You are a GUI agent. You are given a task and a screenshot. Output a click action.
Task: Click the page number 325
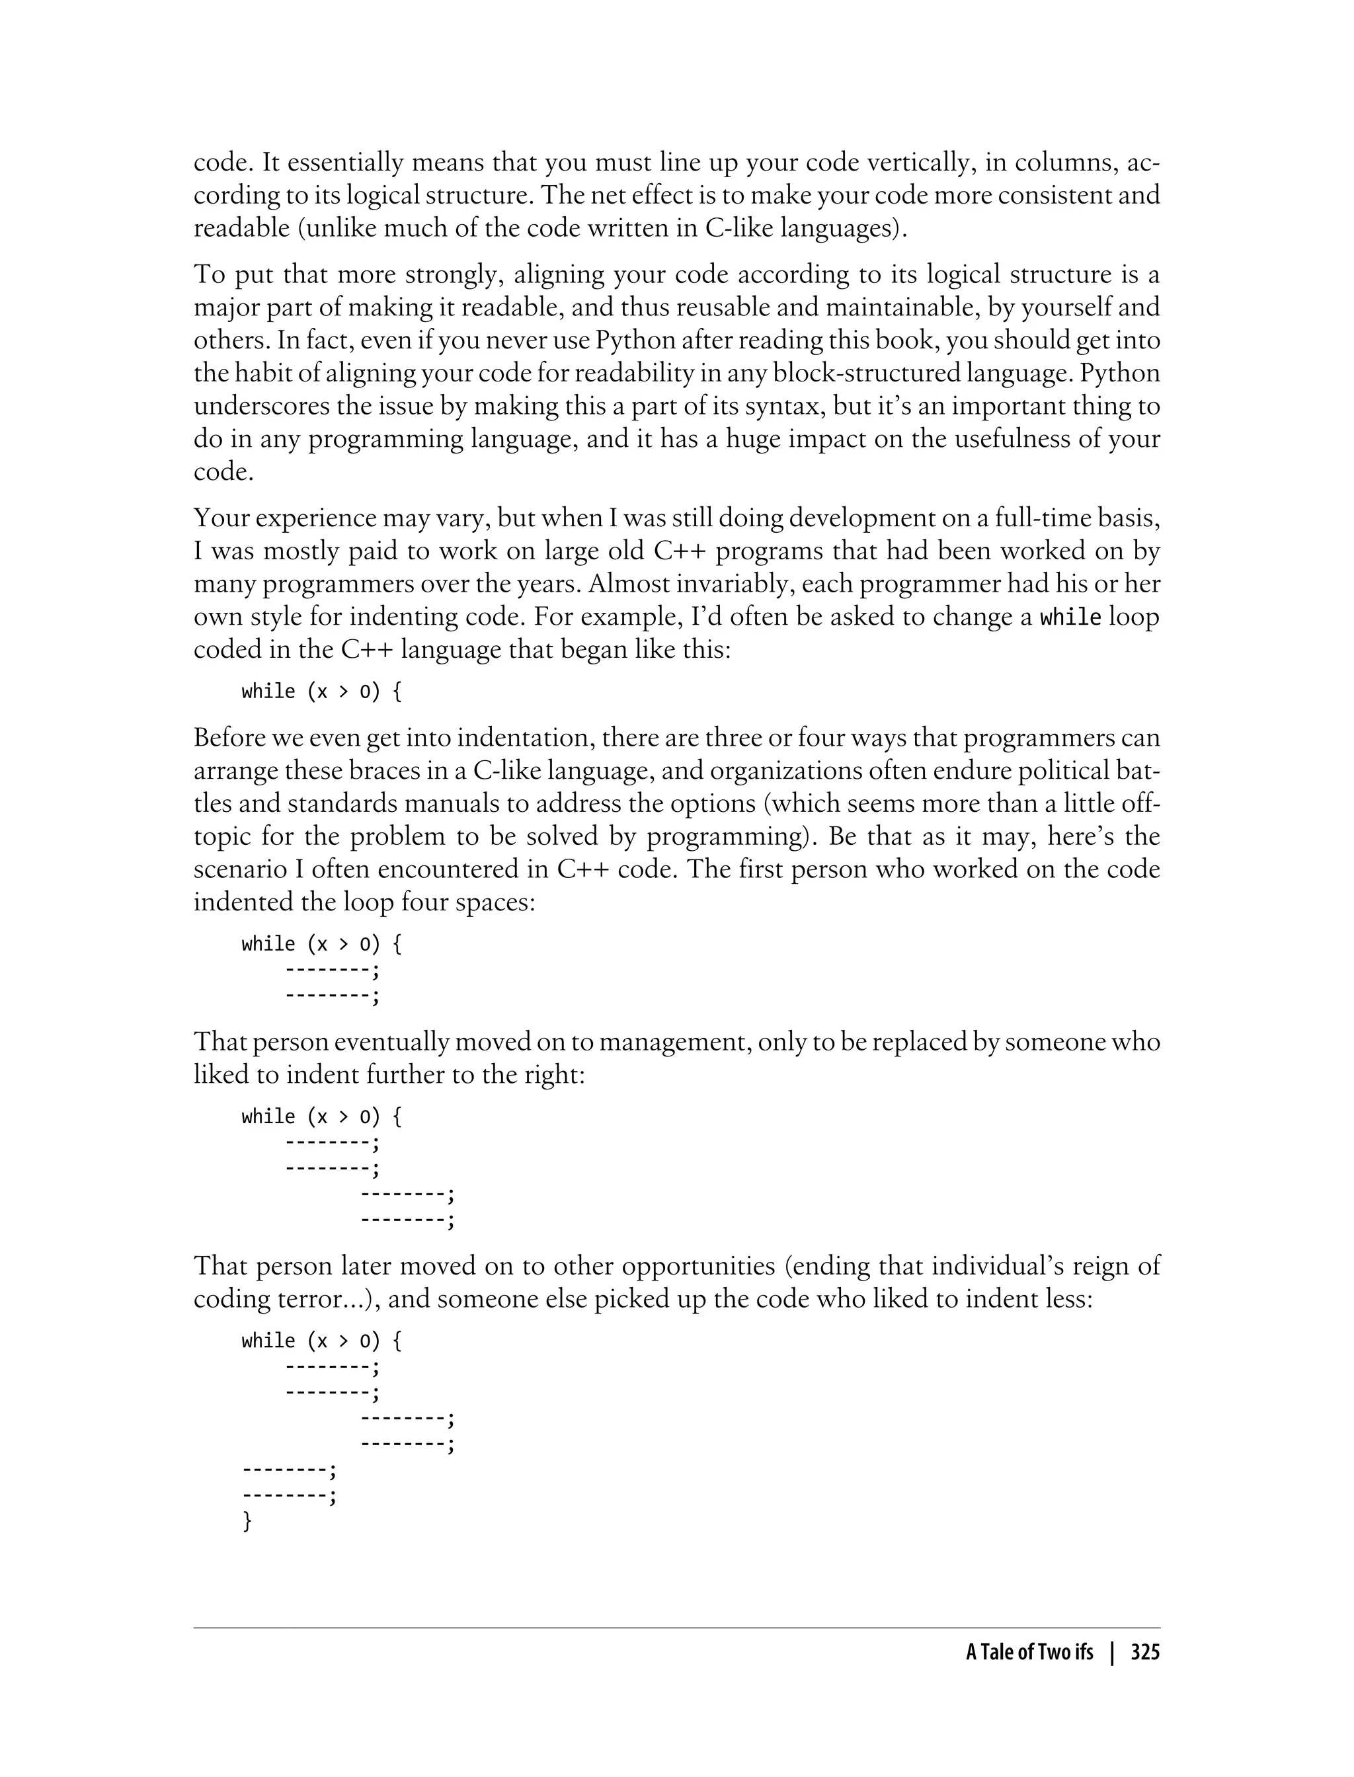(x=1144, y=1653)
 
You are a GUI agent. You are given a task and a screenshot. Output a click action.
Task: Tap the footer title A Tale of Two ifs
(x=1029, y=1653)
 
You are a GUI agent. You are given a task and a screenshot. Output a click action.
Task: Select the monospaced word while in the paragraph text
(x=1070, y=618)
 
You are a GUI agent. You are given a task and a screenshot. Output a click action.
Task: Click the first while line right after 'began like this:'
(x=321, y=691)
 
